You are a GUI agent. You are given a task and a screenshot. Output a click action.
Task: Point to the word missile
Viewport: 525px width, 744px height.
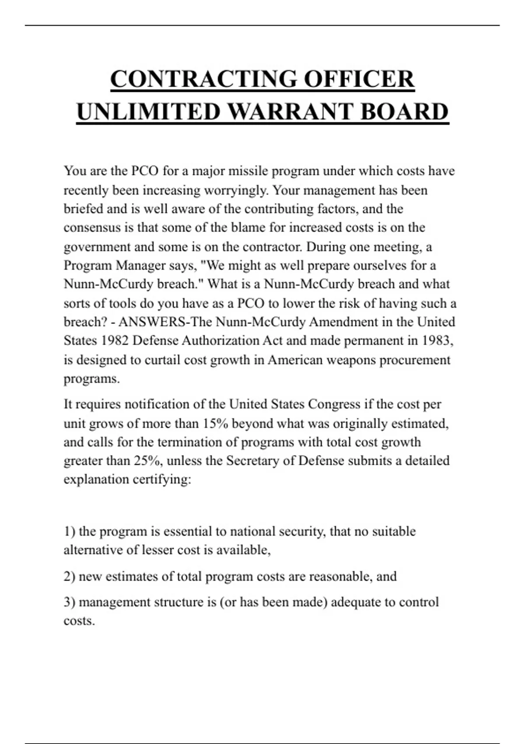(248, 171)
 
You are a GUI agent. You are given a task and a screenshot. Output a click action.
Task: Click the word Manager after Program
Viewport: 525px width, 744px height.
(140, 265)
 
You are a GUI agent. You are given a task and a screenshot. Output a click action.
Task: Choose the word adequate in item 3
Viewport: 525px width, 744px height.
(355, 602)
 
